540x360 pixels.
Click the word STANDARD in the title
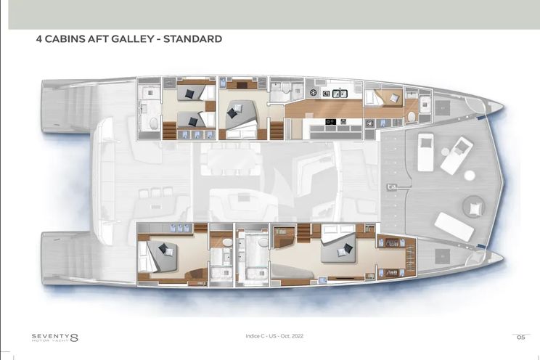191,38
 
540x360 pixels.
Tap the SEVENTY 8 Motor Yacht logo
54,337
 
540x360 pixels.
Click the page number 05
520,337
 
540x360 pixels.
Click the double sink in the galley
339,93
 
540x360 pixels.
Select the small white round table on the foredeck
469,175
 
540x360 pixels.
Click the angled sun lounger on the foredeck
455,227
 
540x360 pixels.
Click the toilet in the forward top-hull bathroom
412,116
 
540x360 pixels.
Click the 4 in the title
39,38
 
